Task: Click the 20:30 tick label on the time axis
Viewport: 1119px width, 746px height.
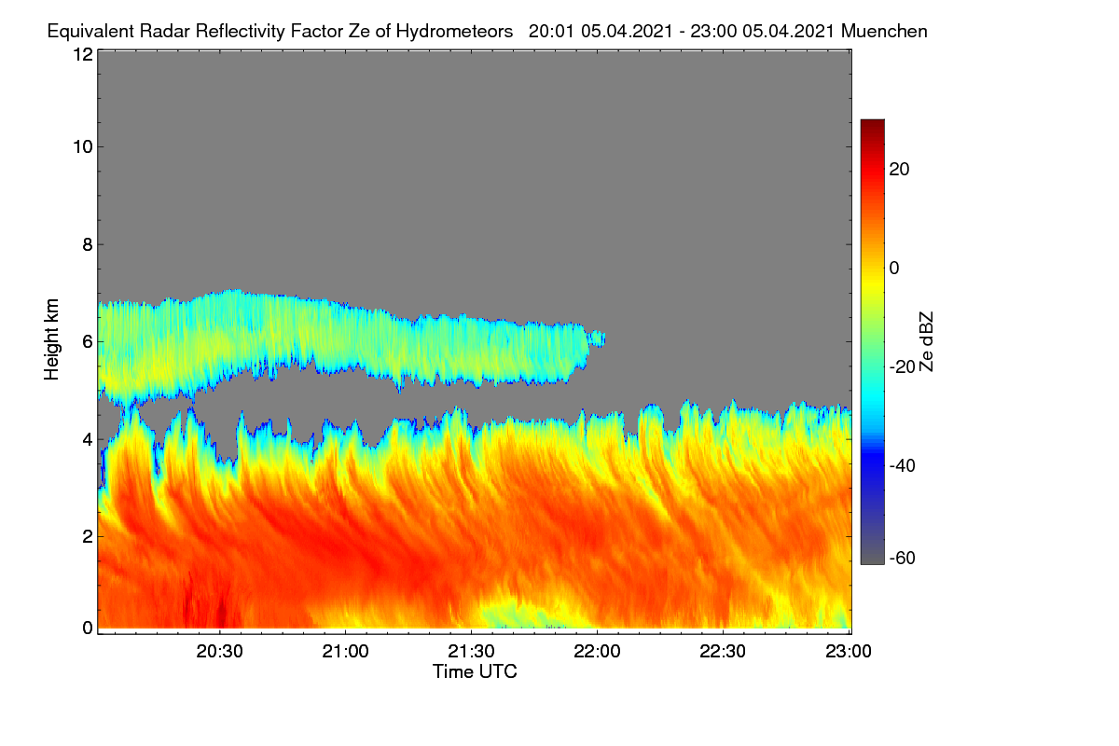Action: pos(219,652)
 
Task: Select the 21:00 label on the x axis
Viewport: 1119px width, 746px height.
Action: pos(345,652)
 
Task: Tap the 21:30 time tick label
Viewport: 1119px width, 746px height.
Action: pos(471,652)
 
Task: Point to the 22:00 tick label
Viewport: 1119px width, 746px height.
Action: pos(597,652)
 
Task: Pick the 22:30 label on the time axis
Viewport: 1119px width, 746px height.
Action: pos(723,652)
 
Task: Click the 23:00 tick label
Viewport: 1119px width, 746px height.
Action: pos(849,652)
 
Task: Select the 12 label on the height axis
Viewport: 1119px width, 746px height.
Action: pos(83,54)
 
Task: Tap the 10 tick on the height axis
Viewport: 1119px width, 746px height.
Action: pos(83,147)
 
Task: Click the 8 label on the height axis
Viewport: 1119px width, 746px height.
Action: pos(88,245)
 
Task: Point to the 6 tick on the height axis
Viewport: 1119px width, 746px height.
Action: pos(88,342)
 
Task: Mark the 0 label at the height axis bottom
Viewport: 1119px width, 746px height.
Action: pos(88,629)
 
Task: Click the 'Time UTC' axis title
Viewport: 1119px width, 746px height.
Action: pos(475,672)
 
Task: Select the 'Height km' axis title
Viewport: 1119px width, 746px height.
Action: pos(51,339)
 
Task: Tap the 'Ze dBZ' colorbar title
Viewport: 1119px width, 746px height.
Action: pos(926,342)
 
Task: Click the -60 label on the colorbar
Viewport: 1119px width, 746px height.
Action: pos(903,559)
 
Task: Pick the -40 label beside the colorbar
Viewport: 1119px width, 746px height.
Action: pos(903,466)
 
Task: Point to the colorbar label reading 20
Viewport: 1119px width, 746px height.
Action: pos(899,170)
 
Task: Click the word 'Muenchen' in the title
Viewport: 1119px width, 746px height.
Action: pos(884,32)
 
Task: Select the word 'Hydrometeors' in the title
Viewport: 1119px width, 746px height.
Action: pos(455,32)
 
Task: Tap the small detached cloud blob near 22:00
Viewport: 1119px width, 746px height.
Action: pos(598,338)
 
